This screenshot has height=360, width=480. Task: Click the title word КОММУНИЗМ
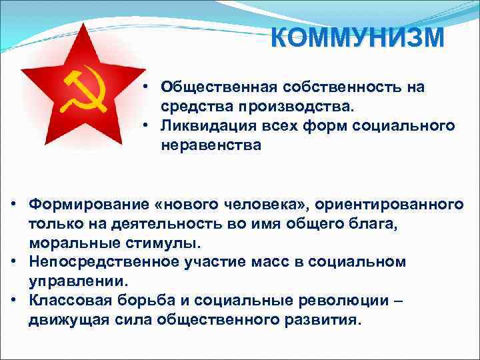[358, 37]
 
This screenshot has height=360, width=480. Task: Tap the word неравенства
[211, 144]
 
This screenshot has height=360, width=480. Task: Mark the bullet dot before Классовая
[14, 299]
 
